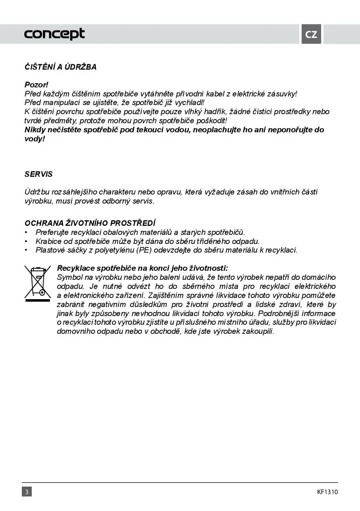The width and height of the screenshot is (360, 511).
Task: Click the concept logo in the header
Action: coord(54,34)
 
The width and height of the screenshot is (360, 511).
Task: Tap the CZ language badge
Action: coord(311,34)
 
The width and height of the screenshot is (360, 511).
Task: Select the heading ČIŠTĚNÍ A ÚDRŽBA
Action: coord(61,67)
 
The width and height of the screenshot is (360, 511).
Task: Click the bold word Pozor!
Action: coord(37,85)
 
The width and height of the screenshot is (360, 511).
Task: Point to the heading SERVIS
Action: coord(39,174)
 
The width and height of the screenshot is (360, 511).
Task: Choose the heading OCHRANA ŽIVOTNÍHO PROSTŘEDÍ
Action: coord(90,223)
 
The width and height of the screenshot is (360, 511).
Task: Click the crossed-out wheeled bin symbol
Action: coord(38,282)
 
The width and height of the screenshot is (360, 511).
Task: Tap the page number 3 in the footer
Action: coord(27,492)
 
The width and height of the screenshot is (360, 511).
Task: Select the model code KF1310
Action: coord(327,492)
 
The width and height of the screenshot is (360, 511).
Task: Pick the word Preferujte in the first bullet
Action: coord(52,232)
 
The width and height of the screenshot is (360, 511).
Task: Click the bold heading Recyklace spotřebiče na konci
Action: coord(142,268)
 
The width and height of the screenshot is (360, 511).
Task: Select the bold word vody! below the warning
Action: coord(35,139)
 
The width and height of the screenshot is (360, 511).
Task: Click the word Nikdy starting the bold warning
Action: coord(36,130)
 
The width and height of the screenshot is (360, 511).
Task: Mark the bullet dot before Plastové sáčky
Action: coord(26,250)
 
